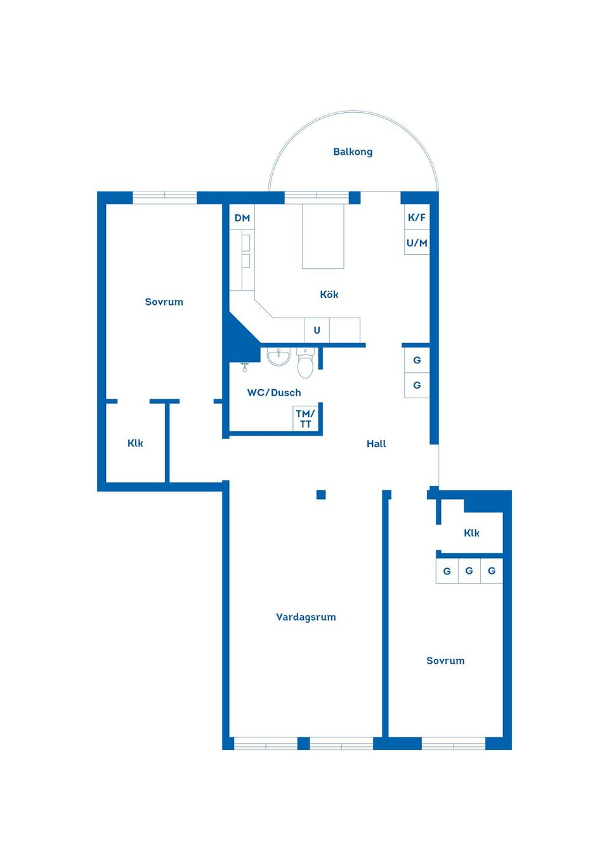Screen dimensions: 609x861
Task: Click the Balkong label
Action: pos(353,152)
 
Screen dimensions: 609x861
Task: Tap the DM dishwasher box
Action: pos(242,217)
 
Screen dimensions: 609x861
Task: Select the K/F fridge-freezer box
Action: pos(417,217)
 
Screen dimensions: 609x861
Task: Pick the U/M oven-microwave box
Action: pos(417,242)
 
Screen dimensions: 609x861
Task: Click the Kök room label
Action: pos(329,294)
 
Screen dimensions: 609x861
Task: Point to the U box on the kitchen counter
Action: pos(317,330)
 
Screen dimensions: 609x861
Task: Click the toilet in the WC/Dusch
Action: pos(306,362)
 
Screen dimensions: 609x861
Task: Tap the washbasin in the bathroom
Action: pos(278,357)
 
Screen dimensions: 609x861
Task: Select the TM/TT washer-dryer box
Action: pos(306,418)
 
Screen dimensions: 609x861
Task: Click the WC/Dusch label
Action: pos(274,393)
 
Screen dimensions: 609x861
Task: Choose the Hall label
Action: pos(376,444)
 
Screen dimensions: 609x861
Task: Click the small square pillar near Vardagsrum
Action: pos(321,495)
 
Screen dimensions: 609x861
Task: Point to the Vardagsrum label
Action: pos(306,617)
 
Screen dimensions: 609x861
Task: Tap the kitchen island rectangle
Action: pos(323,236)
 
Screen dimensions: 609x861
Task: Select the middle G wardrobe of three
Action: pos(469,571)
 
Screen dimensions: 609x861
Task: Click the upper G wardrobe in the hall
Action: pos(417,360)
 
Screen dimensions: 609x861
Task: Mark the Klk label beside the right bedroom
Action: pos(471,533)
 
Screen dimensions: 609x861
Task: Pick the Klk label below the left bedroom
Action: pos(135,443)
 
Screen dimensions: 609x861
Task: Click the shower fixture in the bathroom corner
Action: pos(244,366)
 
